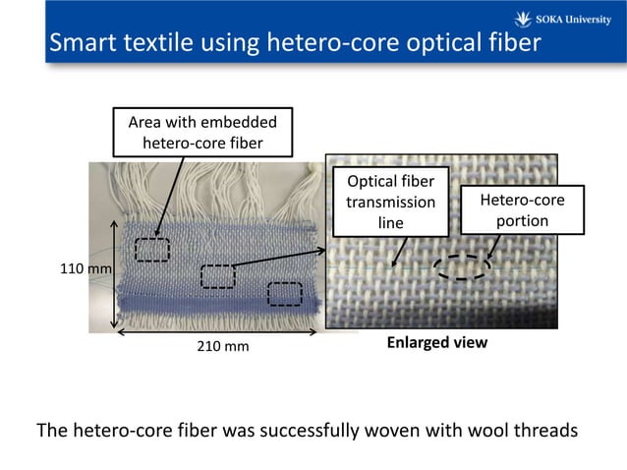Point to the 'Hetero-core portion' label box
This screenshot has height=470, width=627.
pyautogui.click(x=522, y=209)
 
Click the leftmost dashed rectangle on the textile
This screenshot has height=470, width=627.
pyautogui.click(x=152, y=250)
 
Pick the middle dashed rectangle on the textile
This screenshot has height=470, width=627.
pyautogui.click(x=218, y=276)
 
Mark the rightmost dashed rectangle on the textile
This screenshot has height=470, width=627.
pyautogui.click(x=285, y=293)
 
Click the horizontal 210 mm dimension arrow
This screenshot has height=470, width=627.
pyautogui.click(x=216, y=332)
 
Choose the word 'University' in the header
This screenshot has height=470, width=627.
pyautogui.click(x=585, y=18)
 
